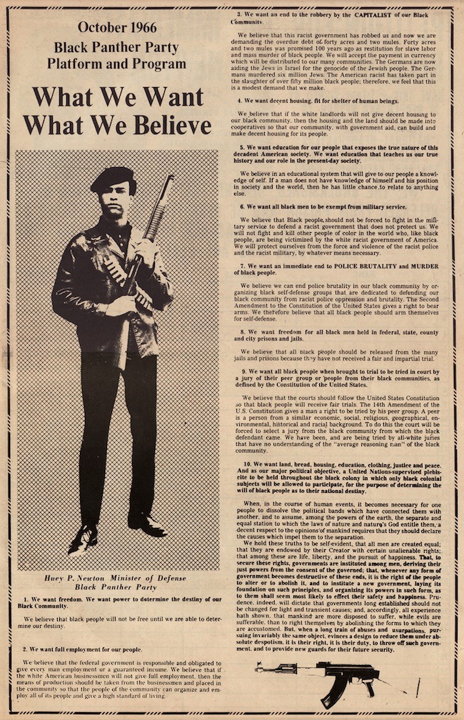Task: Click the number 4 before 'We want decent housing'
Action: coord(239,101)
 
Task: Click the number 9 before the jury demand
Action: coord(245,371)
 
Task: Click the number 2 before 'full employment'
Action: coord(26,649)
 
